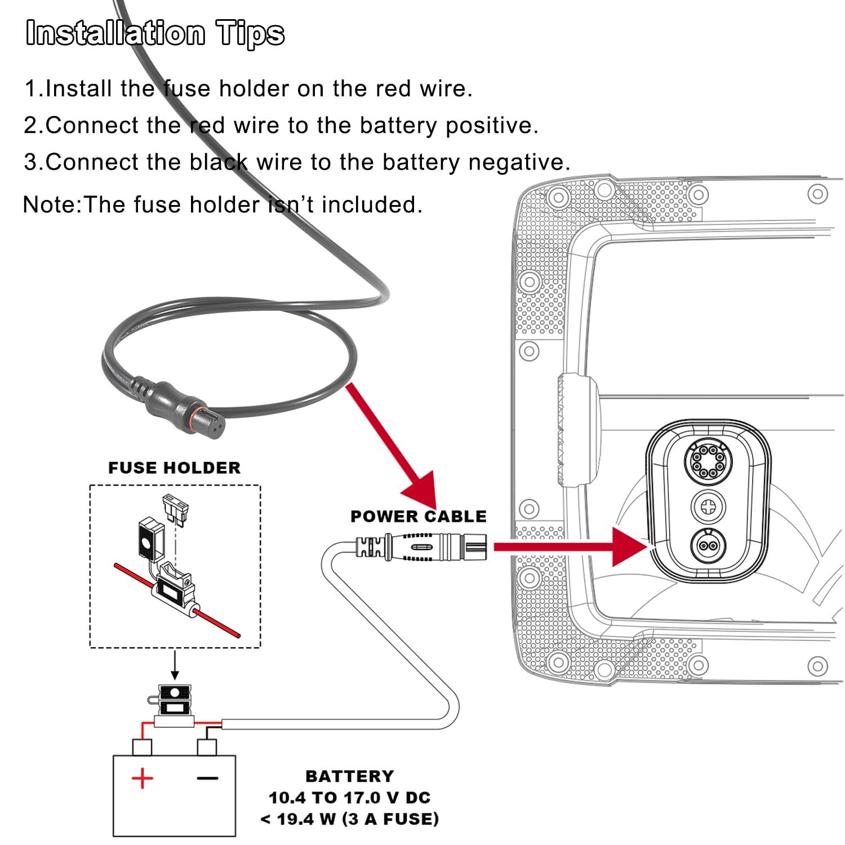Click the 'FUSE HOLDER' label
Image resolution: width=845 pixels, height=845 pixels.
click(x=174, y=468)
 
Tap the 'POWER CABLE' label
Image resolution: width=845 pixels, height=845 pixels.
click(x=418, y=516)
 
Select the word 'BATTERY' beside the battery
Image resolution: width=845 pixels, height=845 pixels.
click(x=349, y=776)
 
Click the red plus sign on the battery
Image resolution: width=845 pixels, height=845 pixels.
click(x=142, y=779)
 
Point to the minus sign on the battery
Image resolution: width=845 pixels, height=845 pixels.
click(x=207, y=779)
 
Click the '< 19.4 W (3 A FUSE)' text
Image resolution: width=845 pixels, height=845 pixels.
click(x=349, y=819)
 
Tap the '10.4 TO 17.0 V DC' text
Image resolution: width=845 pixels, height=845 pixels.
click(x=349, y=798)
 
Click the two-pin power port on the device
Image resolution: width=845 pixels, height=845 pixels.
click(x=708, y=545)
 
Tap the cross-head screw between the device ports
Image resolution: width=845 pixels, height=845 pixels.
click(x=708, y=506)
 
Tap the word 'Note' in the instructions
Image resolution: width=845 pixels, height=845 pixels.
click(x=48, y=204)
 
